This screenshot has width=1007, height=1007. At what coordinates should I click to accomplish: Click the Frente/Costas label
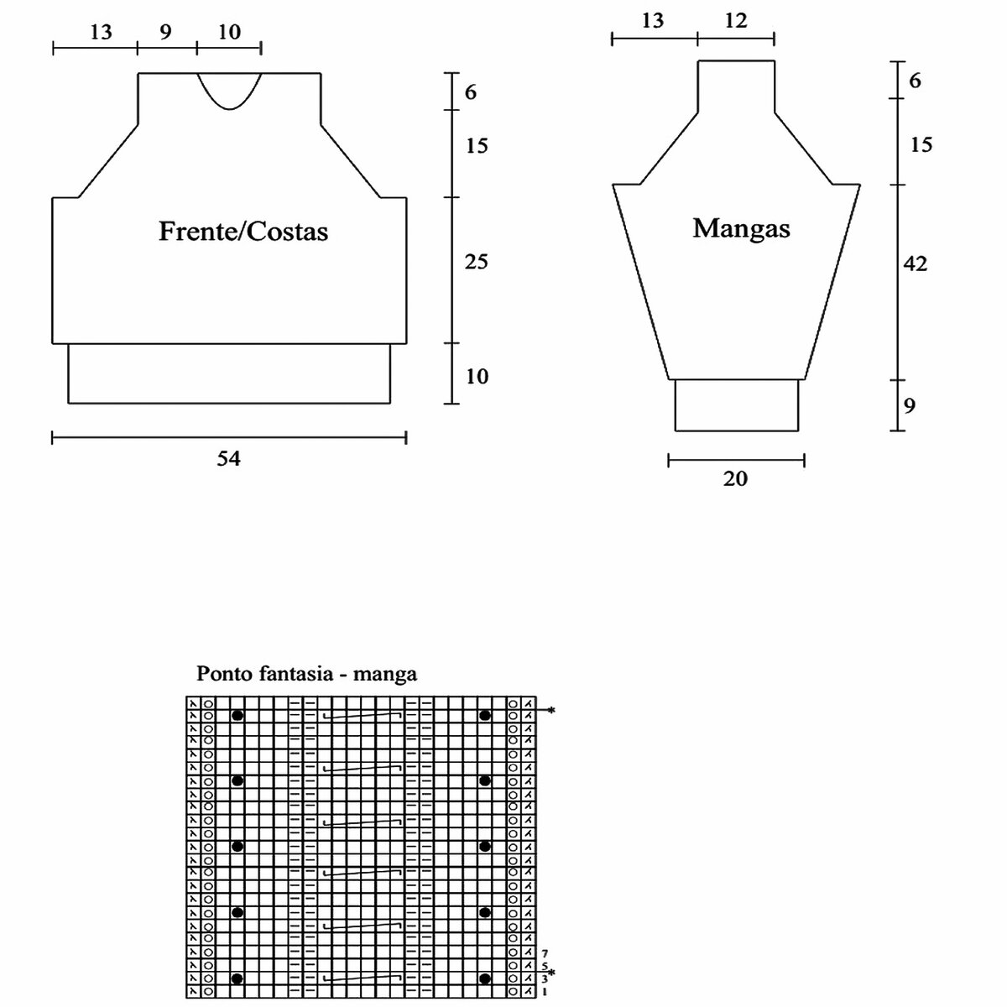point(243,231)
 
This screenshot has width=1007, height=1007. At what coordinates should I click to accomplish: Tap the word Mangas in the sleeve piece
point(741,227)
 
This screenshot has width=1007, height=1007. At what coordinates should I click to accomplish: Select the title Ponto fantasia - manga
point(306,673)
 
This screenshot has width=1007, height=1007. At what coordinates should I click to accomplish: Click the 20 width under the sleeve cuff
point(735,479)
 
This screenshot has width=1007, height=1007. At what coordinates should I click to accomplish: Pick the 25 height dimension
point(477,263)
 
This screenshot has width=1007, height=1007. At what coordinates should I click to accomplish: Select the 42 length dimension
point(916,263)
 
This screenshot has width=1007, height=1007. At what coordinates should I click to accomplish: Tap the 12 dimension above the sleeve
point(735,21)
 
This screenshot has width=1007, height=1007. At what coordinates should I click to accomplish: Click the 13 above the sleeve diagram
point(652,21)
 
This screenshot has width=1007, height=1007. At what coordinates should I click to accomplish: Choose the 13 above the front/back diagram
point(100,32)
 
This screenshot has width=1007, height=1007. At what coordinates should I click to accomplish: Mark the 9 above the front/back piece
point(165,32)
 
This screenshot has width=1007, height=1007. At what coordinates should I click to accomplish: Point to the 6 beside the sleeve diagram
point(915,81)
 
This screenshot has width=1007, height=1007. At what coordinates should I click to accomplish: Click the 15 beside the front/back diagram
point(477,146)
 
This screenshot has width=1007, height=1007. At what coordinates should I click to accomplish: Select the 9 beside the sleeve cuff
point(910,406)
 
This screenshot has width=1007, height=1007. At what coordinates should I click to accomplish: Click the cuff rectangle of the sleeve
point(736,405)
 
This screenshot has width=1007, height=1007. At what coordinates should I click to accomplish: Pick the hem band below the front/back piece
point(229,373)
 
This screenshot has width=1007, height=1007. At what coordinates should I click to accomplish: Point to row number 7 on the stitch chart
point(545,953)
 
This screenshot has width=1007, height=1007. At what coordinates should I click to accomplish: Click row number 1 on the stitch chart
point(545,992)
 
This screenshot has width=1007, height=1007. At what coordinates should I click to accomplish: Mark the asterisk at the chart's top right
point(551,711)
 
